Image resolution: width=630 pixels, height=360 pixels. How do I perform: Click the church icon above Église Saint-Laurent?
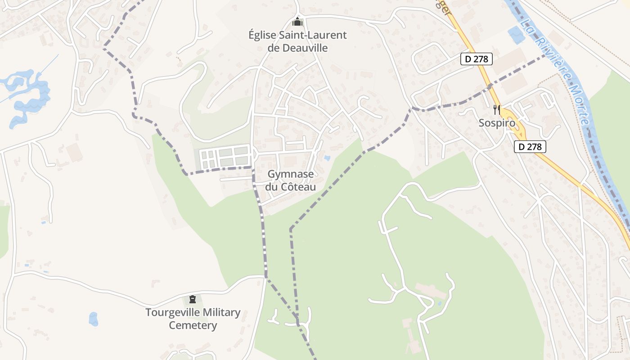(297, 21)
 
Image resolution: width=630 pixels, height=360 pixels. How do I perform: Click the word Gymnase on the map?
(290, 174)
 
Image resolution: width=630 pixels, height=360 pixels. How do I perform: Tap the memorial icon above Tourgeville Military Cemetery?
(193, 299)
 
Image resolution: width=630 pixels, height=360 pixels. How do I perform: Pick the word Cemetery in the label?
(193, 325)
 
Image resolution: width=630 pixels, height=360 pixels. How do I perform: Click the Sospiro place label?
(496, 123)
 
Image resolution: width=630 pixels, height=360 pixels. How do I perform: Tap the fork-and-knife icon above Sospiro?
(497, 109)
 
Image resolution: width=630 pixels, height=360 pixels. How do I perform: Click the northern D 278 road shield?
(477, 59)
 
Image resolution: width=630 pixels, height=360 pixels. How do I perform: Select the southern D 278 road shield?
(530, 146)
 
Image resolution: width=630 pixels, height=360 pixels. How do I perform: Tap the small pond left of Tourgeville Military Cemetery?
(93, 319)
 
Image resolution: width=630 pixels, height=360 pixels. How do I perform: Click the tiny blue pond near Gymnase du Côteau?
(327, 158)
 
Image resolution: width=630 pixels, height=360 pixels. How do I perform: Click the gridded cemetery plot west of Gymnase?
(224, 157)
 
